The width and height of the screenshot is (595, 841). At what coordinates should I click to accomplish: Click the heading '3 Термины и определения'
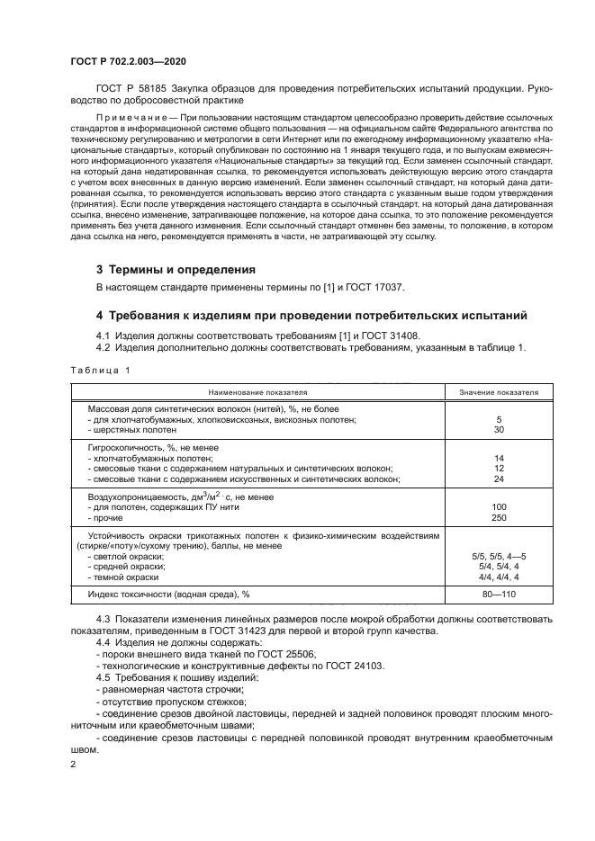pyautogui.click(x=176, y=270)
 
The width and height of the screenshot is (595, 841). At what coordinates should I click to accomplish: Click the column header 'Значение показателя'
pyautogui.click(x=499, y=393)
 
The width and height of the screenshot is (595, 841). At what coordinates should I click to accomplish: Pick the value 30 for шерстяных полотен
pyautogui.click(x=499, y=429)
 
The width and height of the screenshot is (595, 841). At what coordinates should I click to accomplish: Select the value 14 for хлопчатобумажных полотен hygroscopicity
pyautogui.click(x=499, y=458)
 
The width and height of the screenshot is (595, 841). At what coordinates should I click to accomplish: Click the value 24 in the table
pyautogui.click(x=499, y=479)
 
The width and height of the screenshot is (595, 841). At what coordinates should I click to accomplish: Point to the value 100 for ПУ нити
pyautogui.click(x=499, y=507)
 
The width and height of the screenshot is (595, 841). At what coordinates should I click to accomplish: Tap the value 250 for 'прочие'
pyautogui.click(x=499, y=518)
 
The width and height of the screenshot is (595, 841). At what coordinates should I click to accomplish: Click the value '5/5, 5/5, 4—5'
pyautogui.click(x=499, y=557)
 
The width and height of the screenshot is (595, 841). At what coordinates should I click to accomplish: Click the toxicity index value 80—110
pyautogui.click(x=499, y=595)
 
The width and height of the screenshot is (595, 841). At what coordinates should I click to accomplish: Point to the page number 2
pyautogui.click(x=74, y=763)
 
